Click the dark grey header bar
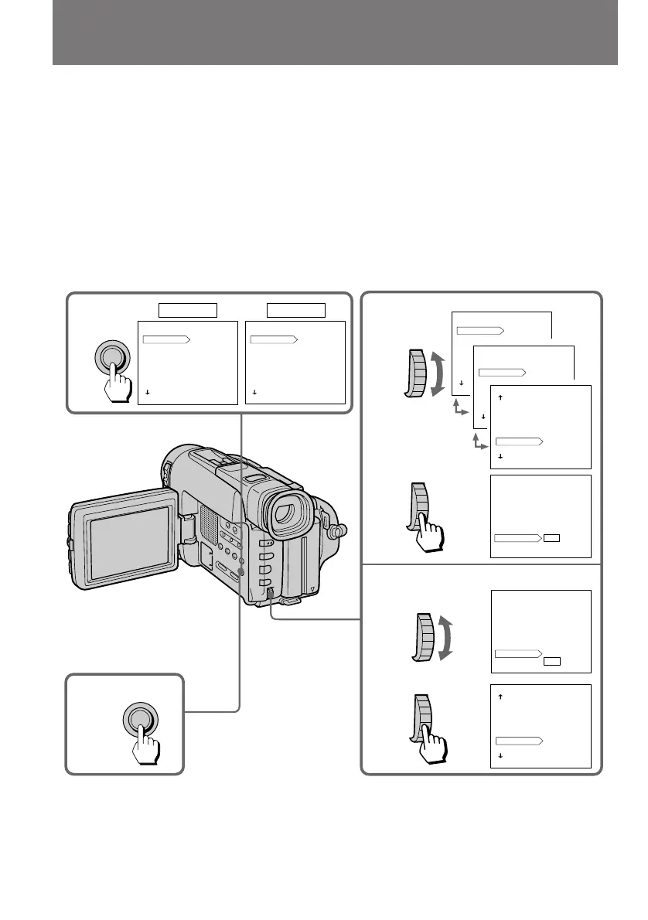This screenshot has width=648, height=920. pyautogui.click(x=335, y=32)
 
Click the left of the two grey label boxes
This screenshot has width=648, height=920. pyautogui.click(x=188, y=310)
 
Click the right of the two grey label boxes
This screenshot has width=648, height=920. pyautogui.click(x=295, y=310)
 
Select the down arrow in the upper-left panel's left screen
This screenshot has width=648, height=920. pyautogui.click(x=146, y=393)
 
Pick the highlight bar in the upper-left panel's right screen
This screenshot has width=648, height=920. pyautogui.click(x=275, y=339)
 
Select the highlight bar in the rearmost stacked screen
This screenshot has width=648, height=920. pyautogui.click(x=480, y=330)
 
